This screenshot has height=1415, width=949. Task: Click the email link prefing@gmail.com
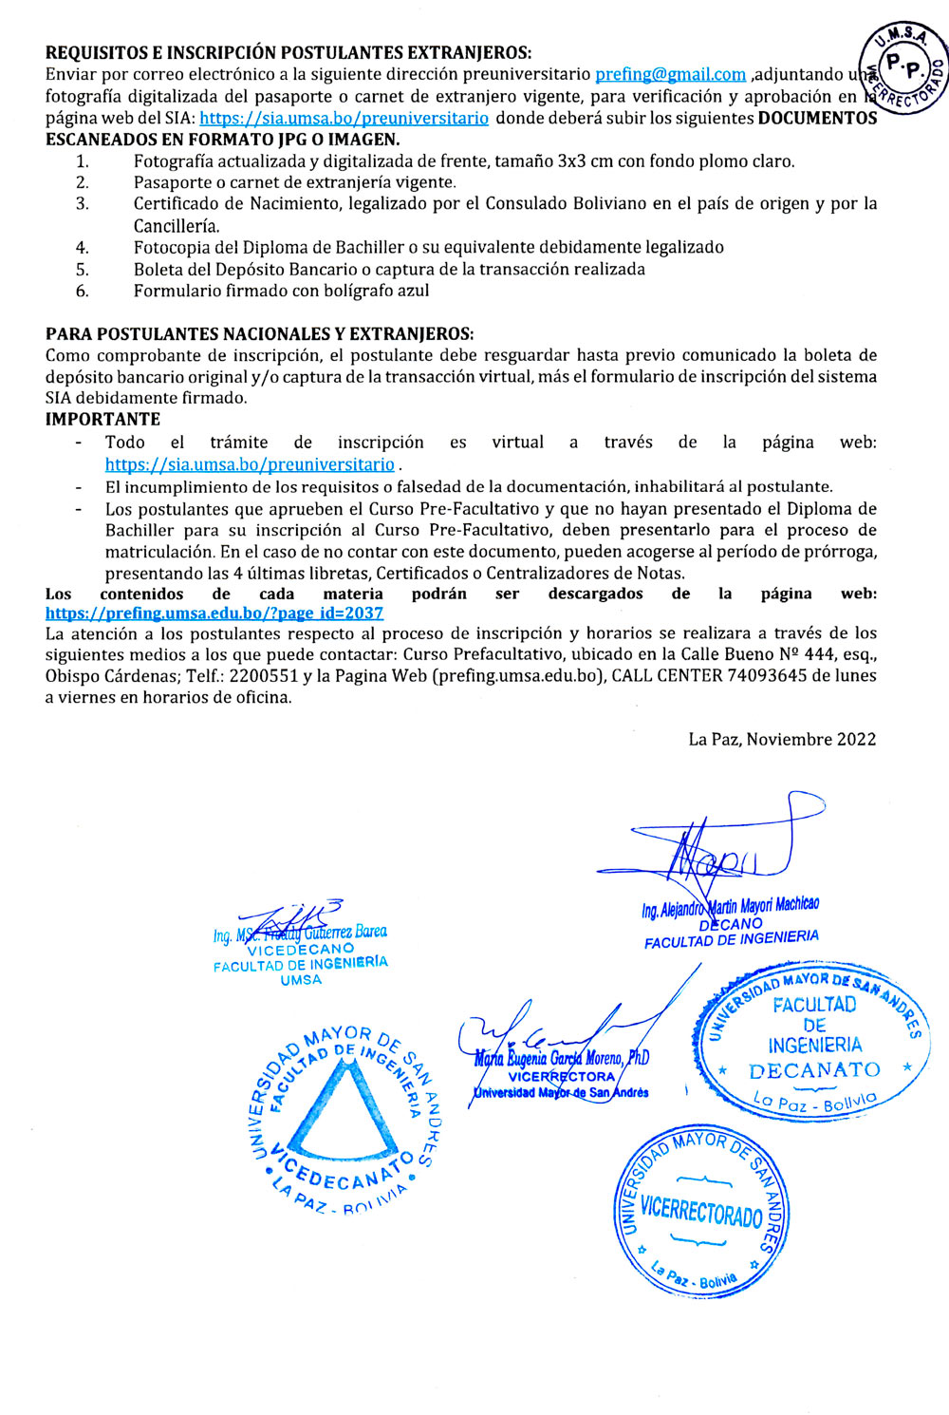pos(670,74)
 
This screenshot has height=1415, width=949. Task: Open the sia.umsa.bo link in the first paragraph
pos(344,118)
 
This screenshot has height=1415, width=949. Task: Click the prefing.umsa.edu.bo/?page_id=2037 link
pos(214,613)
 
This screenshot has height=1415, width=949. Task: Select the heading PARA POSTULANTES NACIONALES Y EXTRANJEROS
pos(259,333)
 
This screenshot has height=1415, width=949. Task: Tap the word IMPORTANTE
pos(102,419)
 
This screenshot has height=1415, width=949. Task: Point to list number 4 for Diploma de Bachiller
pos(83,247)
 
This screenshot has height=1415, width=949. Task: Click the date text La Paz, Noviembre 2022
pos(782,739)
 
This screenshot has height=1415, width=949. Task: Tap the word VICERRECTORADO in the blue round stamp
pos(701,1212)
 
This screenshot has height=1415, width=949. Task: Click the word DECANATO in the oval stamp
pos(814,1070)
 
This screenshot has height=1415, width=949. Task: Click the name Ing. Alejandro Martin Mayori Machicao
pos(730,907)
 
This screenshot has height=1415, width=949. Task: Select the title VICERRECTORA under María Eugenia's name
pos(562,1076)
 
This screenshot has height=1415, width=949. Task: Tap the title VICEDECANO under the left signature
pos(300,949)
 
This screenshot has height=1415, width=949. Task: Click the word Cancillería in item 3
pos(177,226)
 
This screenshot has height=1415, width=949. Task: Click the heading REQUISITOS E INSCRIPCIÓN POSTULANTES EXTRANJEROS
pos(288,52)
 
